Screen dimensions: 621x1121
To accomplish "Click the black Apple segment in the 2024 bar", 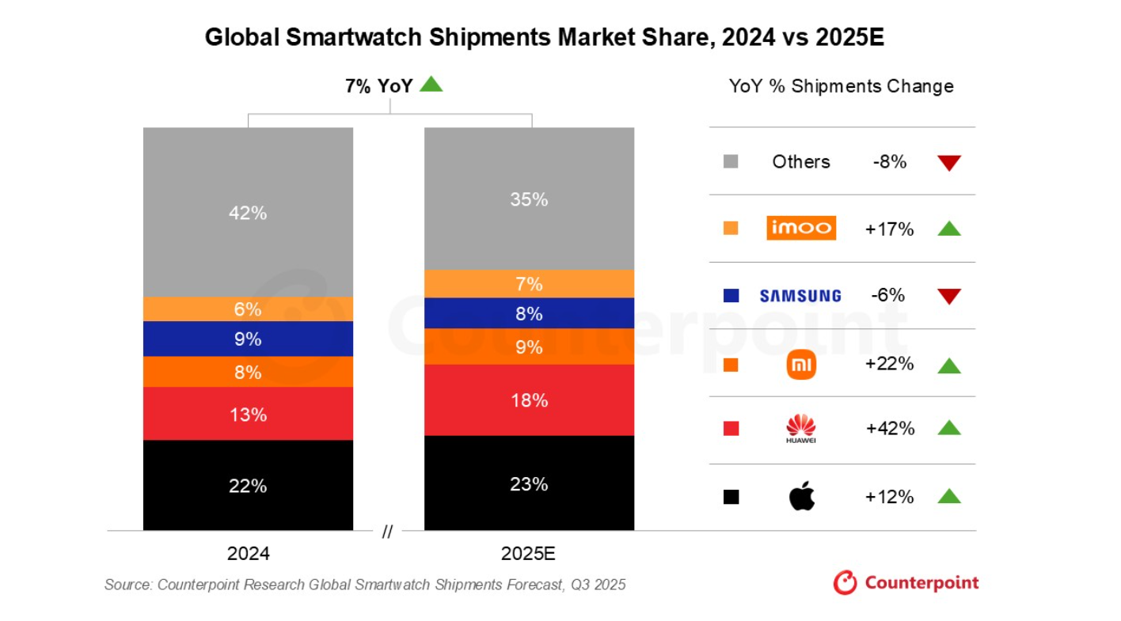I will (248, 485).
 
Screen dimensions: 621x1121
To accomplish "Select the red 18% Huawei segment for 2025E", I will (529, 400).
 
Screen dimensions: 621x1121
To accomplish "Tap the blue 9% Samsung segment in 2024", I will (248, 339).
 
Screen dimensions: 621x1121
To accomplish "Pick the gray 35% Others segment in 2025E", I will (529, 199).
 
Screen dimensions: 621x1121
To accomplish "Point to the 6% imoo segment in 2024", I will (248, 309).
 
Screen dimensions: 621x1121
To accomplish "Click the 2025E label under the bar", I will (529, 554).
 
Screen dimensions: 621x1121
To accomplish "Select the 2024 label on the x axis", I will (248, 554).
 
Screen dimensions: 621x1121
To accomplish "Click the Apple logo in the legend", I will (801, 497).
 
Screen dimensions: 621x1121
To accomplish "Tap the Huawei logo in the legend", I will (800, 428).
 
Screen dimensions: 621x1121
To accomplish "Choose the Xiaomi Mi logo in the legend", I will (800, 365).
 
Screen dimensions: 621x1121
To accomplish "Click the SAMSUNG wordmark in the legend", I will (800, 296).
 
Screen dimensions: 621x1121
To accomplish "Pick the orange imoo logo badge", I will (800, 228).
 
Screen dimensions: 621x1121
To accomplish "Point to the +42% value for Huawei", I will (890, 429).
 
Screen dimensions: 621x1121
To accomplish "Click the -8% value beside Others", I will (890, 162).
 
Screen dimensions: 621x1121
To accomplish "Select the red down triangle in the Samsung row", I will (948, 297).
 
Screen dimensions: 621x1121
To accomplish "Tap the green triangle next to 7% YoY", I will (431, 84).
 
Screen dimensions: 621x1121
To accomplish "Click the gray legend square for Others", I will (731, 162).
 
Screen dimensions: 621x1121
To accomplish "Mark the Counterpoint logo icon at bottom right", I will (845, 583).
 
